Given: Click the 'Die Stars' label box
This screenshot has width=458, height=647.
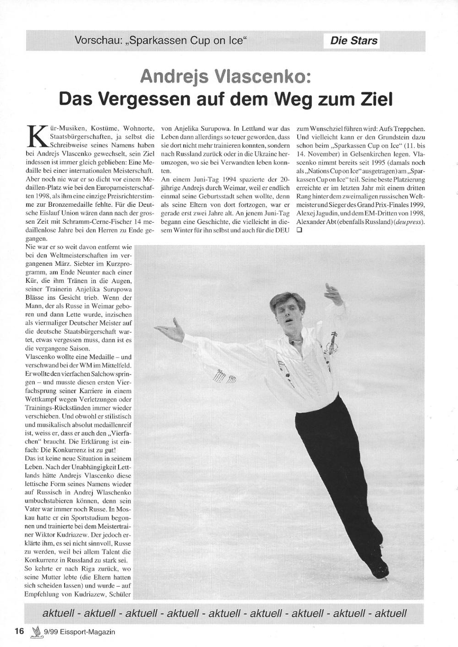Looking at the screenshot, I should (354, 41).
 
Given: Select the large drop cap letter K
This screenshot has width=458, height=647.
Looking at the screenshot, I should (34, 133).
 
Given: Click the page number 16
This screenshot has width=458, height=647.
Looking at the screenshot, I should (19, 631).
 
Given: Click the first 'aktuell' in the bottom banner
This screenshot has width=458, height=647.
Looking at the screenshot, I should (60, 613).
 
